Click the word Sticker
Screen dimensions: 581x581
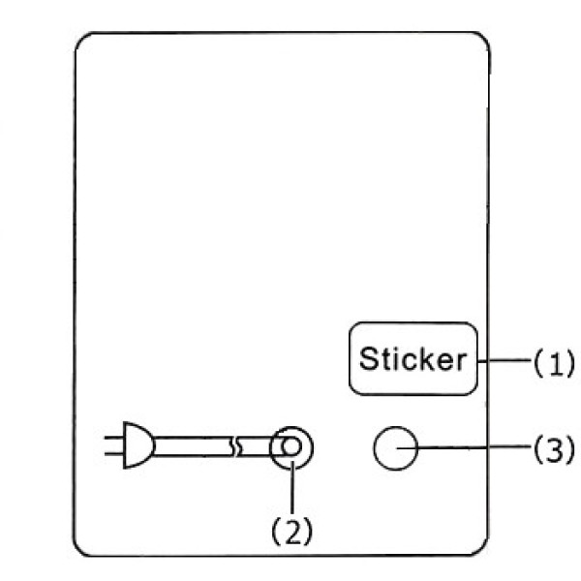[x=413, y=358]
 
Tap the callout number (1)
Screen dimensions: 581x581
[x=554, y=362]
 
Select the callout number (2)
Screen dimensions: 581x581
[x=292, y=532]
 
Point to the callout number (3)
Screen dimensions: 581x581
[x=554, y=448]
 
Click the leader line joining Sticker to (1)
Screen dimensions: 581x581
[x=505, y=360]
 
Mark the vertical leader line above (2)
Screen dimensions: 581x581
[x=292, y=488]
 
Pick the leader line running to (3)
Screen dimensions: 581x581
[x=464, y=447]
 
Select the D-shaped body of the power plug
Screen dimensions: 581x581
[x=138, y=445]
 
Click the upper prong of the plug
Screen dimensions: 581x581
[x=113, y=438]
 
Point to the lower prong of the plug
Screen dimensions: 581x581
[x=113, y=453]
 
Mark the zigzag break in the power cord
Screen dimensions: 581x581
[x=235, y=446]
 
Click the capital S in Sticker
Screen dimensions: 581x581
[x=368, y=358]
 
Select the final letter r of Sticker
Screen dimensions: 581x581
[x=462, y=361]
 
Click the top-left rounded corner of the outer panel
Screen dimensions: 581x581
[x=81, y=40]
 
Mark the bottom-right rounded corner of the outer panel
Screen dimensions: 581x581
[x=481, y=550]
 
